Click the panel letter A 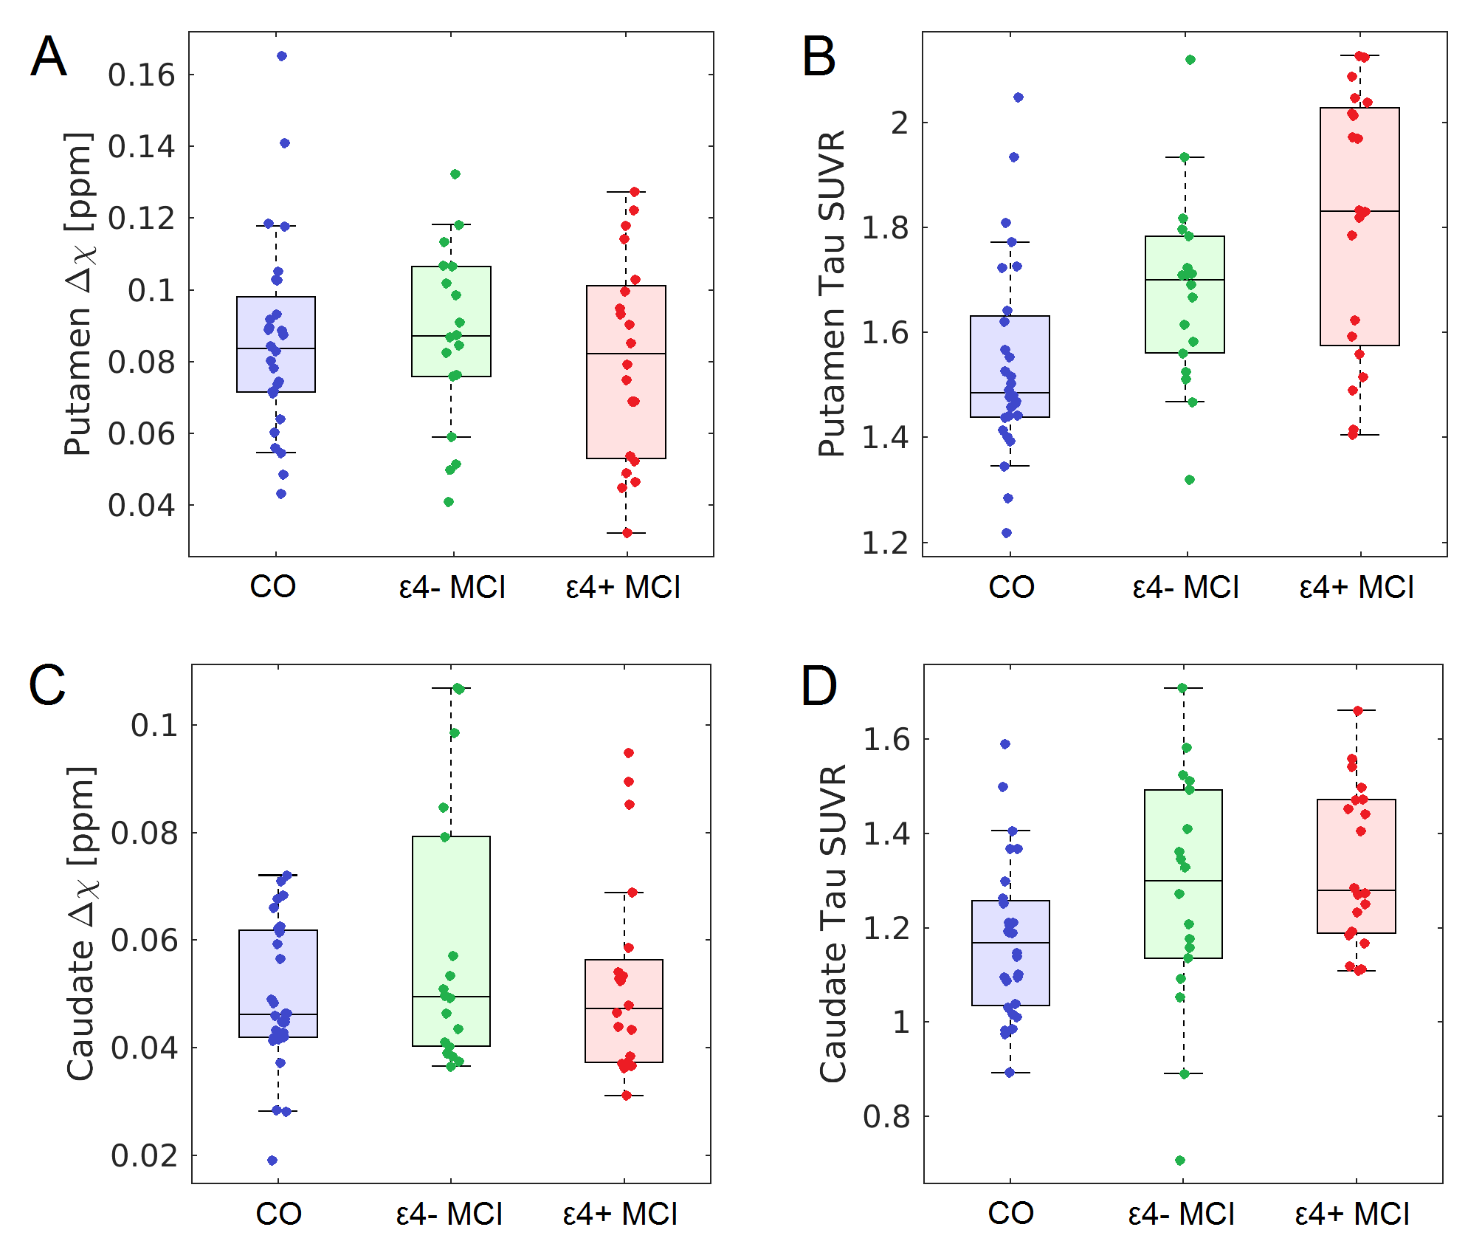49,57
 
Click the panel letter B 818,57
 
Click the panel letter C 47,685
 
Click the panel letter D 819,685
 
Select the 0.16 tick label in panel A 142,75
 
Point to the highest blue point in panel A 282,56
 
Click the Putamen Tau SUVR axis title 833,294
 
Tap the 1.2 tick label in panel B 886,543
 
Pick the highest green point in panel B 1190,60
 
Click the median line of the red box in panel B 1359,211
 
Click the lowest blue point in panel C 272,1161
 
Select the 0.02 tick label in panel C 145,1156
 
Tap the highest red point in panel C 629,753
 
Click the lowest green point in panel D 1180,1161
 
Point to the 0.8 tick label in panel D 887,1117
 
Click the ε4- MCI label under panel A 452,588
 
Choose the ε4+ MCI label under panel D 1352,1214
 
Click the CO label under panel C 278,1214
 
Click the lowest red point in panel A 627,533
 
